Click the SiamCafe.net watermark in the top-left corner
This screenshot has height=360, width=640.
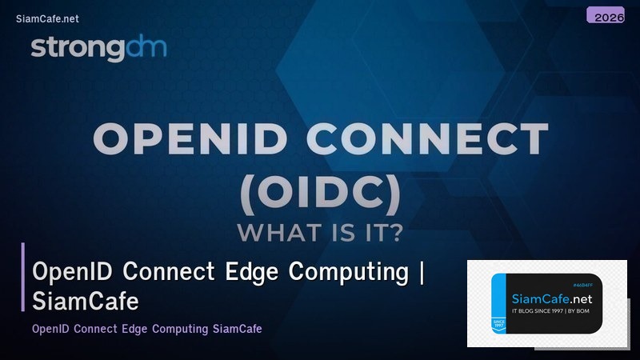click(47, 18)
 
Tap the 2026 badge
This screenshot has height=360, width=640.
click(605, 15)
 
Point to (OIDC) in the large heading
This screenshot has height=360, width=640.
click(320, 189)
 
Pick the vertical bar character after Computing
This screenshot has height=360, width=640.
click(421, 272)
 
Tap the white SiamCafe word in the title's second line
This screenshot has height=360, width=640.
click(86, 302)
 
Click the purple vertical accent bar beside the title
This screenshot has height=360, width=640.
click(23, 277)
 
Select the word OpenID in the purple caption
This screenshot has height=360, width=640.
click(51, 329)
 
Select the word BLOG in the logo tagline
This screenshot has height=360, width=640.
click(528, 310)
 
